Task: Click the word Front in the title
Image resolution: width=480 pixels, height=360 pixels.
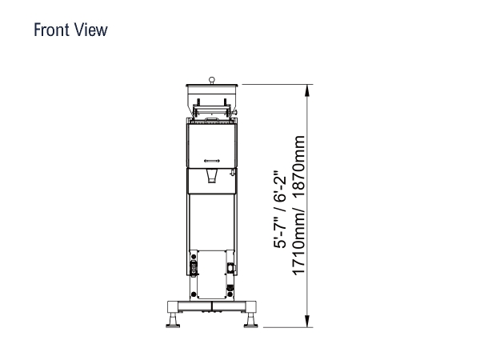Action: pyautogui.click(x=51, y=30)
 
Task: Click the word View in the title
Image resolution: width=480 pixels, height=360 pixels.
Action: pyautogui.click(x=91, y=30)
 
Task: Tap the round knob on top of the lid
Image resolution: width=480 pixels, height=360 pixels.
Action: pyautogui.click(x=211, y=80)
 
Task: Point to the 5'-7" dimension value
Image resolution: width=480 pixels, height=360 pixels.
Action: pyautogui.click(x=280, y=234)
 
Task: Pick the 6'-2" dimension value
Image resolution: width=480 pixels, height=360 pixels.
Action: pyautogui.click(x=280, y=186)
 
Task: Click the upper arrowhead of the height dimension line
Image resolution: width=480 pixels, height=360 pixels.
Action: pyautogui.click(x=307, y=90)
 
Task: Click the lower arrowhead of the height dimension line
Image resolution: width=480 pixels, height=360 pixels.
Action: pyautogui.click(x=307, y=321)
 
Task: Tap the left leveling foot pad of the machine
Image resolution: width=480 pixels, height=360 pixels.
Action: pyautogui.click(x=173, y=326)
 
